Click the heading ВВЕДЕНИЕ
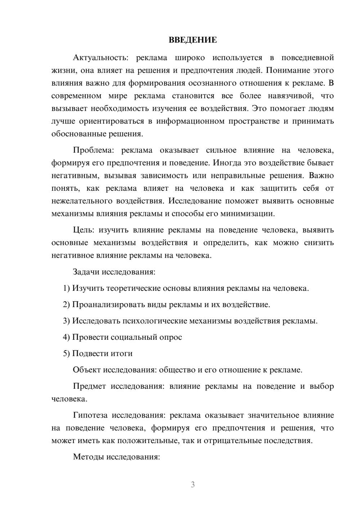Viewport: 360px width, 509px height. (193, 40)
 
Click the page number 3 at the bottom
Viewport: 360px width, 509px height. (193, 485)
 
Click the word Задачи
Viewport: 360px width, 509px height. (86, 272)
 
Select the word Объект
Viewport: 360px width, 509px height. (87, 370)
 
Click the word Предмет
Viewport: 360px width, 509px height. (89, 387)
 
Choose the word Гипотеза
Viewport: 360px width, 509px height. (90, 415)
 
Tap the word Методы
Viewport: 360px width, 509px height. (86, 457)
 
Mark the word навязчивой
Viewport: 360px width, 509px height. (291, 96)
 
